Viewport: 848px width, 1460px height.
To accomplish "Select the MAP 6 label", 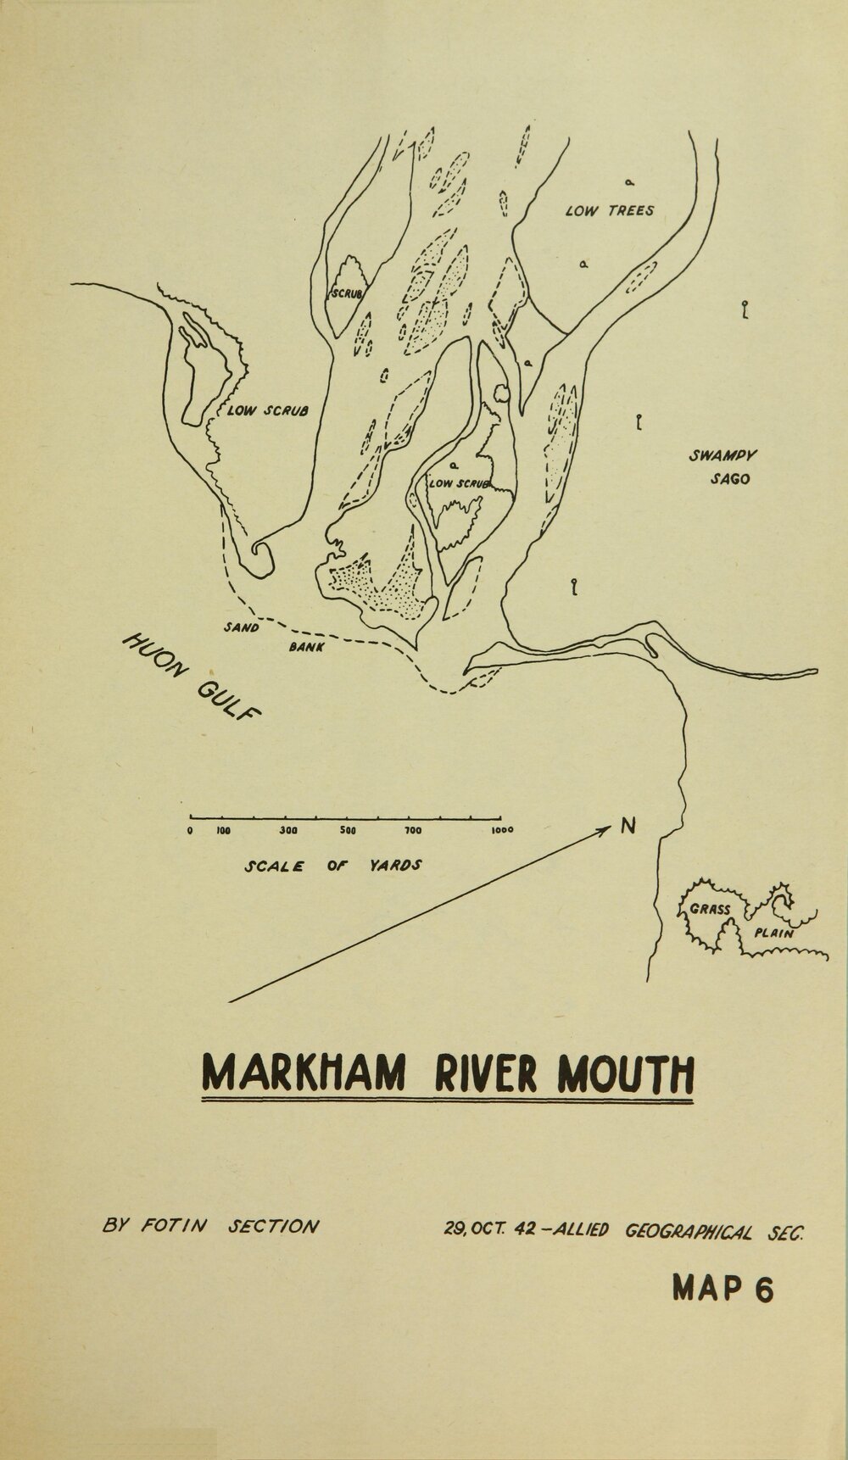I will coord(722,1290).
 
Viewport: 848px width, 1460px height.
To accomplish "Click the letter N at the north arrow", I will coord(628,825).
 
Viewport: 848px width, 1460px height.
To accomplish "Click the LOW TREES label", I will coord(609,210).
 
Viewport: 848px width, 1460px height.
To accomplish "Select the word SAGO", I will coord(730,478).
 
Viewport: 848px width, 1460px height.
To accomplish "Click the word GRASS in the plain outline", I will coord(711,909).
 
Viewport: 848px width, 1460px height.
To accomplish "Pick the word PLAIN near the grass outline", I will coord(773,933).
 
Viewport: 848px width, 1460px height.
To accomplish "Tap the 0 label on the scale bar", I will coord(192,830).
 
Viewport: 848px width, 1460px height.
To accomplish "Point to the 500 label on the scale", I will coord(347,830).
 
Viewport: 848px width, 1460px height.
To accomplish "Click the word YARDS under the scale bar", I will coord(396,867).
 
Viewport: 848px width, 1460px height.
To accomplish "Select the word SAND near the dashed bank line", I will coord(242,628).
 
